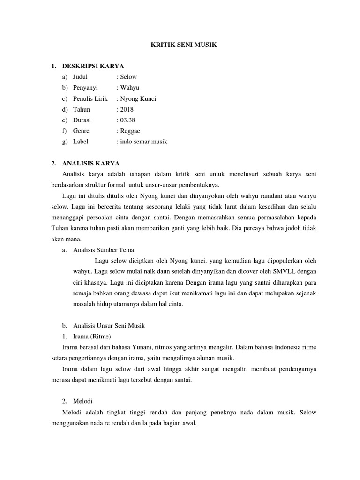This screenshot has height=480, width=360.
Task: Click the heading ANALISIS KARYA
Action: click(x=90, y=163)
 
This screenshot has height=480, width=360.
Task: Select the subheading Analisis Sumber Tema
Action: click(x=104, y=250)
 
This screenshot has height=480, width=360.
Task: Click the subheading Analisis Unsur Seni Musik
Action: click(x=110, y=325)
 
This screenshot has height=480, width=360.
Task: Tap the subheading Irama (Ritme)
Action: click(x=92, y=336)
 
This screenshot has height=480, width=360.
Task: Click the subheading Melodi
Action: click(x=83, y=401)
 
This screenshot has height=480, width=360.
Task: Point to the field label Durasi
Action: click(x=82, y=120)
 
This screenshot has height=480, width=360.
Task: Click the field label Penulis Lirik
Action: click(x=90, y=98)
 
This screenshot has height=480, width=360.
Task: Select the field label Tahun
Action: click(x=82, y=109)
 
